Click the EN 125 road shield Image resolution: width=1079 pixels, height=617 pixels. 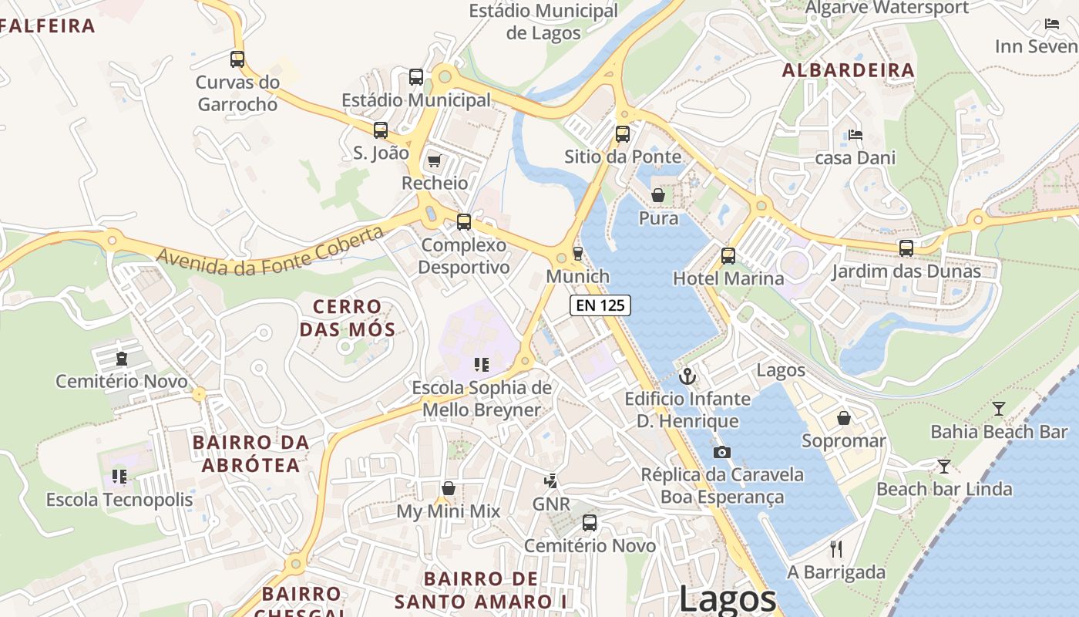coord(600,305)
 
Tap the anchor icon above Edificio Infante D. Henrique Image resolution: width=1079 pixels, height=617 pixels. coord(687,376)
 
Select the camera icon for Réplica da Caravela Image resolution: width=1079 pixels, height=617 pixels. coord(721,452)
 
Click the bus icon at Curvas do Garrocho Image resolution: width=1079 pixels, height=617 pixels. coord(237,59)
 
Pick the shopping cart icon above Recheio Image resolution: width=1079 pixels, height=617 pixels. coord(434,160)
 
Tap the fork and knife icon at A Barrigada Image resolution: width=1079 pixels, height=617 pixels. coord(836,549)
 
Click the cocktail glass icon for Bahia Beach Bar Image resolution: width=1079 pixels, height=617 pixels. coord(999,409)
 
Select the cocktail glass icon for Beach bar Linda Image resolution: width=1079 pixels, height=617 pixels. coord(943,466)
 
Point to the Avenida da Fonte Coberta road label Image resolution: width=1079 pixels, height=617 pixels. coord(270,252)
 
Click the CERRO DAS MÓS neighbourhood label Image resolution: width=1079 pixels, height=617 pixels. coord(347,319)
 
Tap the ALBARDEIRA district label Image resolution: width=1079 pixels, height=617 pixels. coord(849,71)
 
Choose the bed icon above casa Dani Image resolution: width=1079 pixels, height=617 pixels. coord(855,135)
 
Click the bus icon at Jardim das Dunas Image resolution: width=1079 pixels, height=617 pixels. coord(906,248)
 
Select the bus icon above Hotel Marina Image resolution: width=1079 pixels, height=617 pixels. coord(728,255)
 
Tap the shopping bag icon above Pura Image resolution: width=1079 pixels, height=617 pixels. coord(658,196)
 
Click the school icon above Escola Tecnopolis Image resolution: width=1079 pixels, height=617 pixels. coord(119,477)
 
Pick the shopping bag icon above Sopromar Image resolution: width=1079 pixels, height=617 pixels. coord(844,418)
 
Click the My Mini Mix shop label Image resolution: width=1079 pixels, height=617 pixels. coord(448,511)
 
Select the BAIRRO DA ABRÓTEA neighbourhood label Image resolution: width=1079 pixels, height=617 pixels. coord(250,454)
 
